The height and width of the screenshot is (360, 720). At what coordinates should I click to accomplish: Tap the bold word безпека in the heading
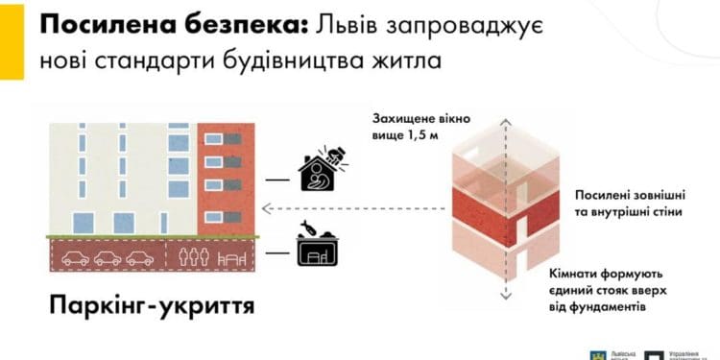pos(222,27)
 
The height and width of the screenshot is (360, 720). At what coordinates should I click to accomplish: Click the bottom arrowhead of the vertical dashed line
pos(504,296)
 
